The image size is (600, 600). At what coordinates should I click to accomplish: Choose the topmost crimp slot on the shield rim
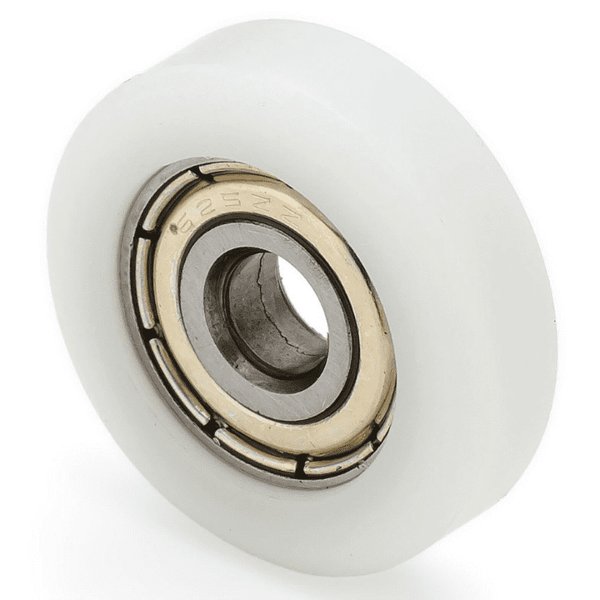[222, 170]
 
